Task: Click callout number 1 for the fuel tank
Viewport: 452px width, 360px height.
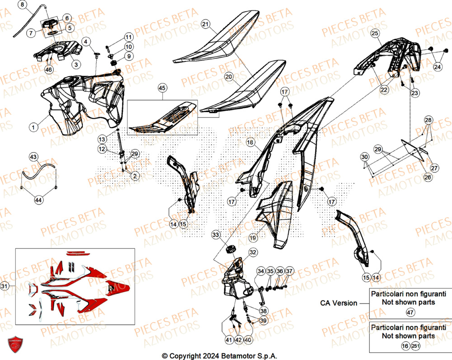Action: [x=33, y=128]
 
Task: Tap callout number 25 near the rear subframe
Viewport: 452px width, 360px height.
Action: [x=374, y=33]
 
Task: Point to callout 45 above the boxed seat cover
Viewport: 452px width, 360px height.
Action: [x=162, y=88]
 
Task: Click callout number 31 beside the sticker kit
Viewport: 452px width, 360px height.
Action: [x=5, y=286]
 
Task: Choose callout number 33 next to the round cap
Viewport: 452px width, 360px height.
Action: [x=216, y=235]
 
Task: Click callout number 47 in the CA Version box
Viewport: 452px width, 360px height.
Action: [x=410, y=312]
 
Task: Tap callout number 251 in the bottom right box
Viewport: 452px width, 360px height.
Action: [x=415, y=346]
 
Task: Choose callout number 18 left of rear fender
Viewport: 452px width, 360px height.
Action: [x=250, y=142]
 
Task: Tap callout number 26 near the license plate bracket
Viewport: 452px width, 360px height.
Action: [x=427, y=178]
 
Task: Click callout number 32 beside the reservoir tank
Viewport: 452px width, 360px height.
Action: [x=252, y=252]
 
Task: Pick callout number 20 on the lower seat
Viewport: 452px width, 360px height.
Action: [x=229, y=77]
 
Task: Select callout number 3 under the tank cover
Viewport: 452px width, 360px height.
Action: [x=75, y=65]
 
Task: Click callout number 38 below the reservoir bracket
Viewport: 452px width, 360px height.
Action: [x=262, y=311]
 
